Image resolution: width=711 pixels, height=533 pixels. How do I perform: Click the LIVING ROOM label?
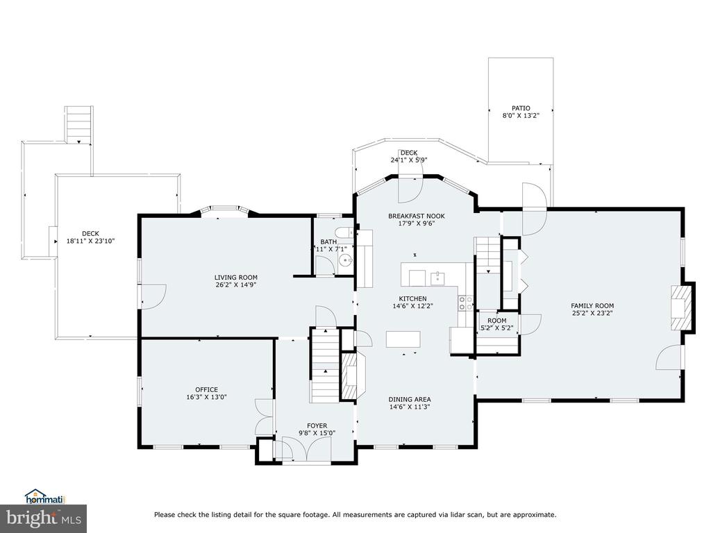click(236, 278)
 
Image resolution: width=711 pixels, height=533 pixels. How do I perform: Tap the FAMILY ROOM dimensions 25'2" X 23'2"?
click(592, 313)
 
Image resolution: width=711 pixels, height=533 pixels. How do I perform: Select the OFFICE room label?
click(206, 389)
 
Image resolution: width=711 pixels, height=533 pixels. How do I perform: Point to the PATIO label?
click(521, 108)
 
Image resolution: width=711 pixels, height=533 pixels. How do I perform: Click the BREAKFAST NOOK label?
click(417, 216)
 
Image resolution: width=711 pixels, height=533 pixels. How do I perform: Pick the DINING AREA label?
click(410, 399)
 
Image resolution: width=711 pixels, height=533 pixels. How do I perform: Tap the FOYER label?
click(317, 425)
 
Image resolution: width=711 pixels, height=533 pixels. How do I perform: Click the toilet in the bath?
click(346, 232)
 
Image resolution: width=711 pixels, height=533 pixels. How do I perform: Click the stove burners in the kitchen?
click(465, 303)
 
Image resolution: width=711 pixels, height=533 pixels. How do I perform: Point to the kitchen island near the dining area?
click(403, 339)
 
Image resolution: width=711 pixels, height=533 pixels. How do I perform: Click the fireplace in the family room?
click(681, 307)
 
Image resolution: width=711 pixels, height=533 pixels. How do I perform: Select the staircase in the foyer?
click(325, 364)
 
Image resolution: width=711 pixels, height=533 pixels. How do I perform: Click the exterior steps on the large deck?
click(79, 125)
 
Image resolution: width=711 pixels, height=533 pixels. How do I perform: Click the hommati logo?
click(45, 497)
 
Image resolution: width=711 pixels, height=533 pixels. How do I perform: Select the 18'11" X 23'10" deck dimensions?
click(91, 241)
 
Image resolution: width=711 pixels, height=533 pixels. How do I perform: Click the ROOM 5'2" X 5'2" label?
click(497, 324)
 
